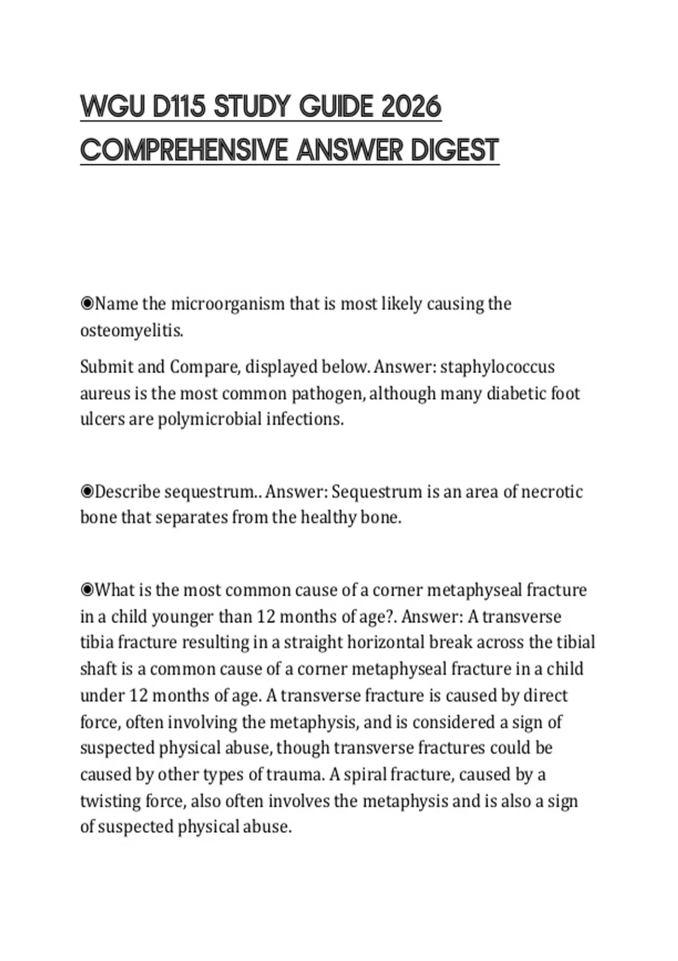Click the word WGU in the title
113,107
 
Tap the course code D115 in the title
178,107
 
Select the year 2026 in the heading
411,107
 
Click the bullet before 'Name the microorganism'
87,304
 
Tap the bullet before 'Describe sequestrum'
87,492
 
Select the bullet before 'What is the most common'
87,590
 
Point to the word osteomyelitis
132,331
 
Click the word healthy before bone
328,517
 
